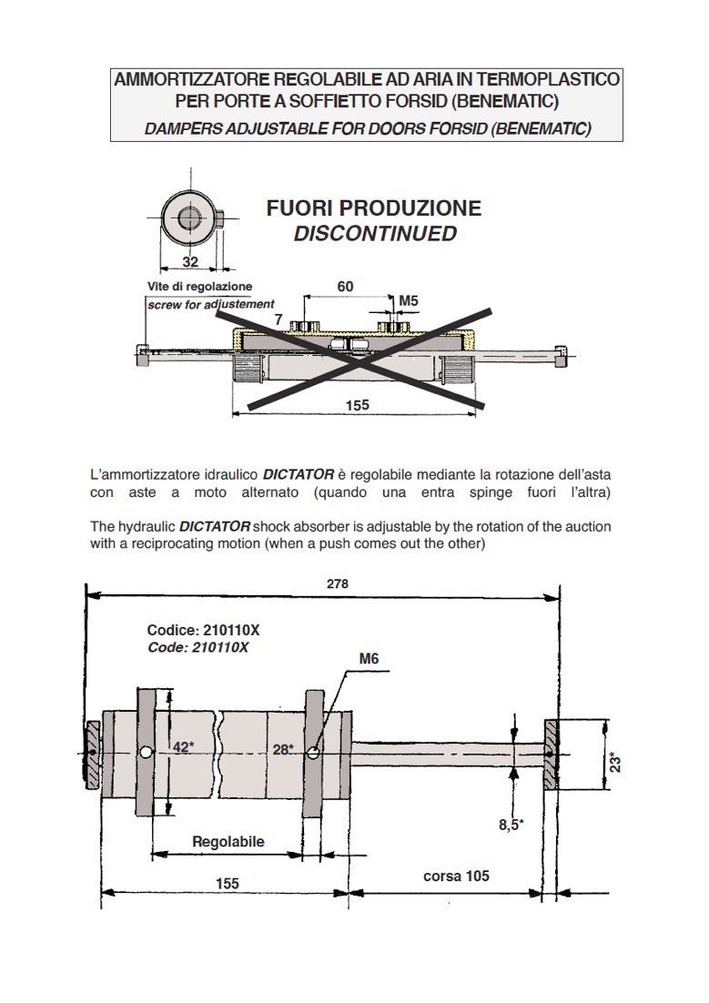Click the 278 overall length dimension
[338, 583]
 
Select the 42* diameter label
[183, 747]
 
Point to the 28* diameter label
[283, 749]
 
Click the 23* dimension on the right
[614, 761]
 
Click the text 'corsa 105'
[456, 876]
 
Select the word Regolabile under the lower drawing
[228, 841]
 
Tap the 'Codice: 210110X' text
[198, 630]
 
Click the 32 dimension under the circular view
[189, 262]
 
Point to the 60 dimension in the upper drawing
[345, 287]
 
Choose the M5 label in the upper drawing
[409, 300]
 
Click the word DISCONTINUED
[375, 234]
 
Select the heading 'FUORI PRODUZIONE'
[374, 208]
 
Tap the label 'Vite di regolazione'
[199, 287]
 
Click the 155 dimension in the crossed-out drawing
[358, 405]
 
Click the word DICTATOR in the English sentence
[214, 527]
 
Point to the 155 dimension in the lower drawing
[227, 884]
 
